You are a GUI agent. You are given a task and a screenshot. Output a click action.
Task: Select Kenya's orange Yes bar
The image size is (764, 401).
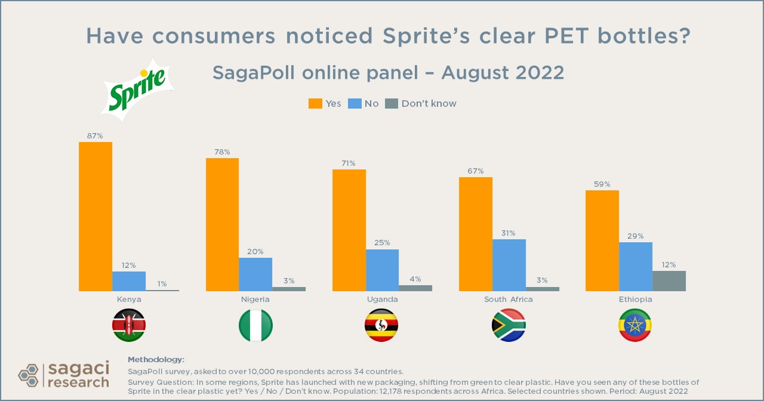click(95, 217)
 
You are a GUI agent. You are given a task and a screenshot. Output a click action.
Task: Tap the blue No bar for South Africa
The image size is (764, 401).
click(509, 265)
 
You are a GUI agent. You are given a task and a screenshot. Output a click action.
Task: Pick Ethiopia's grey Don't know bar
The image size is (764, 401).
click(669, 281)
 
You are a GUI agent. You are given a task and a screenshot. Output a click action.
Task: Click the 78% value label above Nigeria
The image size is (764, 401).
click(222, 152)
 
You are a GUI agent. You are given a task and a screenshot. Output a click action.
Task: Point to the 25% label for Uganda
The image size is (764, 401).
click(383, 243)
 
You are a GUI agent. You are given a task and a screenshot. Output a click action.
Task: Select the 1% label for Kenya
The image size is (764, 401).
click(162, 283)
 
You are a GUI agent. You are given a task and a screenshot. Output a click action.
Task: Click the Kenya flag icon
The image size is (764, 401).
click(129, 325)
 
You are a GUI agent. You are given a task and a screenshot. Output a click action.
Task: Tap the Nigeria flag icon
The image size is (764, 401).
click(255, 325)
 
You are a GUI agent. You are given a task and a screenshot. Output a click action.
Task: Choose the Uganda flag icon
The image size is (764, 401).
click(381, 325)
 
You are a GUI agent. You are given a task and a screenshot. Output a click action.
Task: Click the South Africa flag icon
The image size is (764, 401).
click(509, 325)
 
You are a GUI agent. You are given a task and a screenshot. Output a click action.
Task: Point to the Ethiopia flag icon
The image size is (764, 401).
click(635, 325)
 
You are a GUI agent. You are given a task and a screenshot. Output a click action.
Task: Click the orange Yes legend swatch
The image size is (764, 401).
click(315, 103)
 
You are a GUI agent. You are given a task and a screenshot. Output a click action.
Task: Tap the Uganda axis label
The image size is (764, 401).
click(382, 299)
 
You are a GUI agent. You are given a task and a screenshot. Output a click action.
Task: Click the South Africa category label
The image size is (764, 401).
click(509, 299)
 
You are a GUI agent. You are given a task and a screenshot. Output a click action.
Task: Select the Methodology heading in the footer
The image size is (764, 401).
click(156, 359)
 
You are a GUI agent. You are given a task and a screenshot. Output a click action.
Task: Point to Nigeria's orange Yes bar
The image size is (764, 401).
click(222, 225)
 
